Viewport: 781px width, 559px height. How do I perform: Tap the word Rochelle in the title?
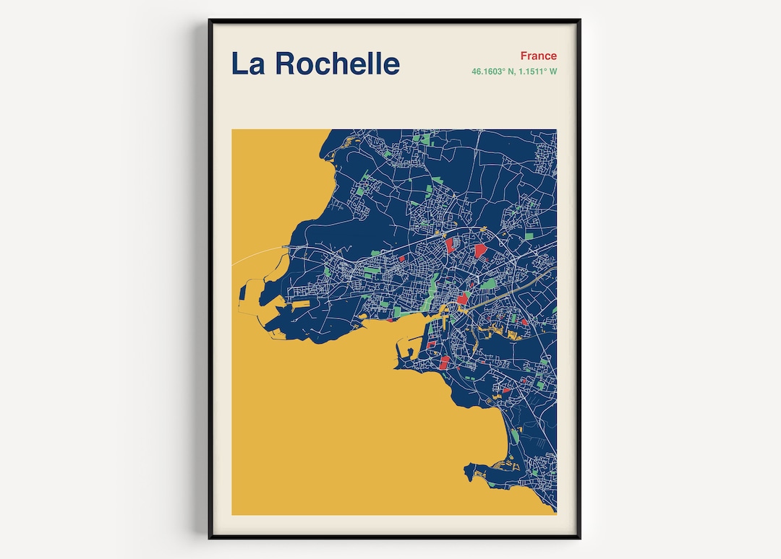[x=337, y=64]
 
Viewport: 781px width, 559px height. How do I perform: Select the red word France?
[x=538, y=56]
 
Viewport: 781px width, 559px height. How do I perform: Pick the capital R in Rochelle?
[x=284, y=64]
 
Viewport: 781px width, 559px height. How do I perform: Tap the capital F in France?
[x=524, y=56]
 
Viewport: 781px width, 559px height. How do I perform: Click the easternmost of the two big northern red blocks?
[x=480, y=251]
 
